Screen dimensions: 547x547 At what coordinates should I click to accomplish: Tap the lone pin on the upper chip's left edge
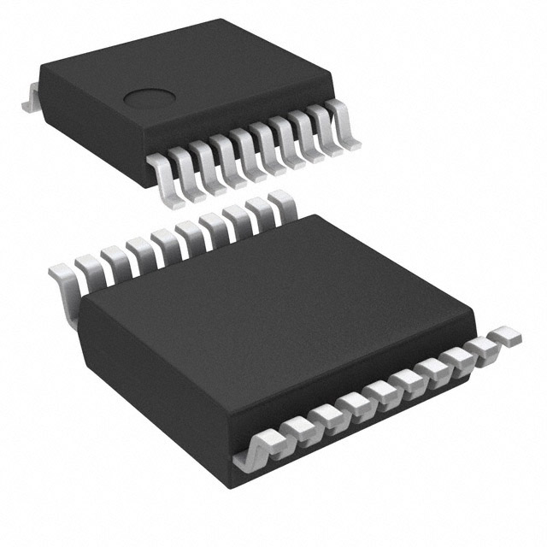click(30, 100)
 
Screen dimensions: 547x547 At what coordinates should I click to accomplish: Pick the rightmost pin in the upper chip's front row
click(342, 120)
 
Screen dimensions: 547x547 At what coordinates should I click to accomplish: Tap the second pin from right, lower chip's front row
click(483, 346)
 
